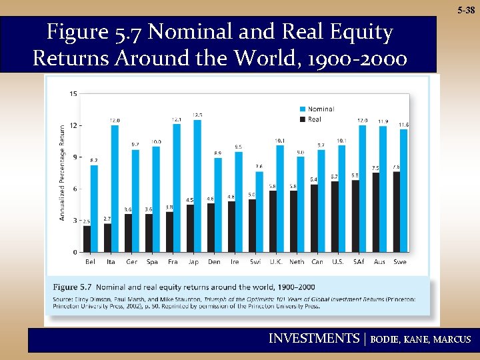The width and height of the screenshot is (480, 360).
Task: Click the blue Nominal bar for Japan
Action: point(197,186)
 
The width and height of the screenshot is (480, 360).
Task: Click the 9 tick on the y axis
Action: point(75,157)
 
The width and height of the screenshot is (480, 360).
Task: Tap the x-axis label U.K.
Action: point(275,262)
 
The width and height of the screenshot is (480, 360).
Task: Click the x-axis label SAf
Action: point(359,262)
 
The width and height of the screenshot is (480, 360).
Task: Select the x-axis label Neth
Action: point(297,262)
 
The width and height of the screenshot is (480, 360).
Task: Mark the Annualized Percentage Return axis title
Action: point(63,172)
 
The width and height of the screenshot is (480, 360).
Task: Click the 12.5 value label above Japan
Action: point(197,115)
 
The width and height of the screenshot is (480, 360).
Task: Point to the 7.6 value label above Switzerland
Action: point(259,167)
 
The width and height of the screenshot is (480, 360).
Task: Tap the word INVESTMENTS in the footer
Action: point(313,339)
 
